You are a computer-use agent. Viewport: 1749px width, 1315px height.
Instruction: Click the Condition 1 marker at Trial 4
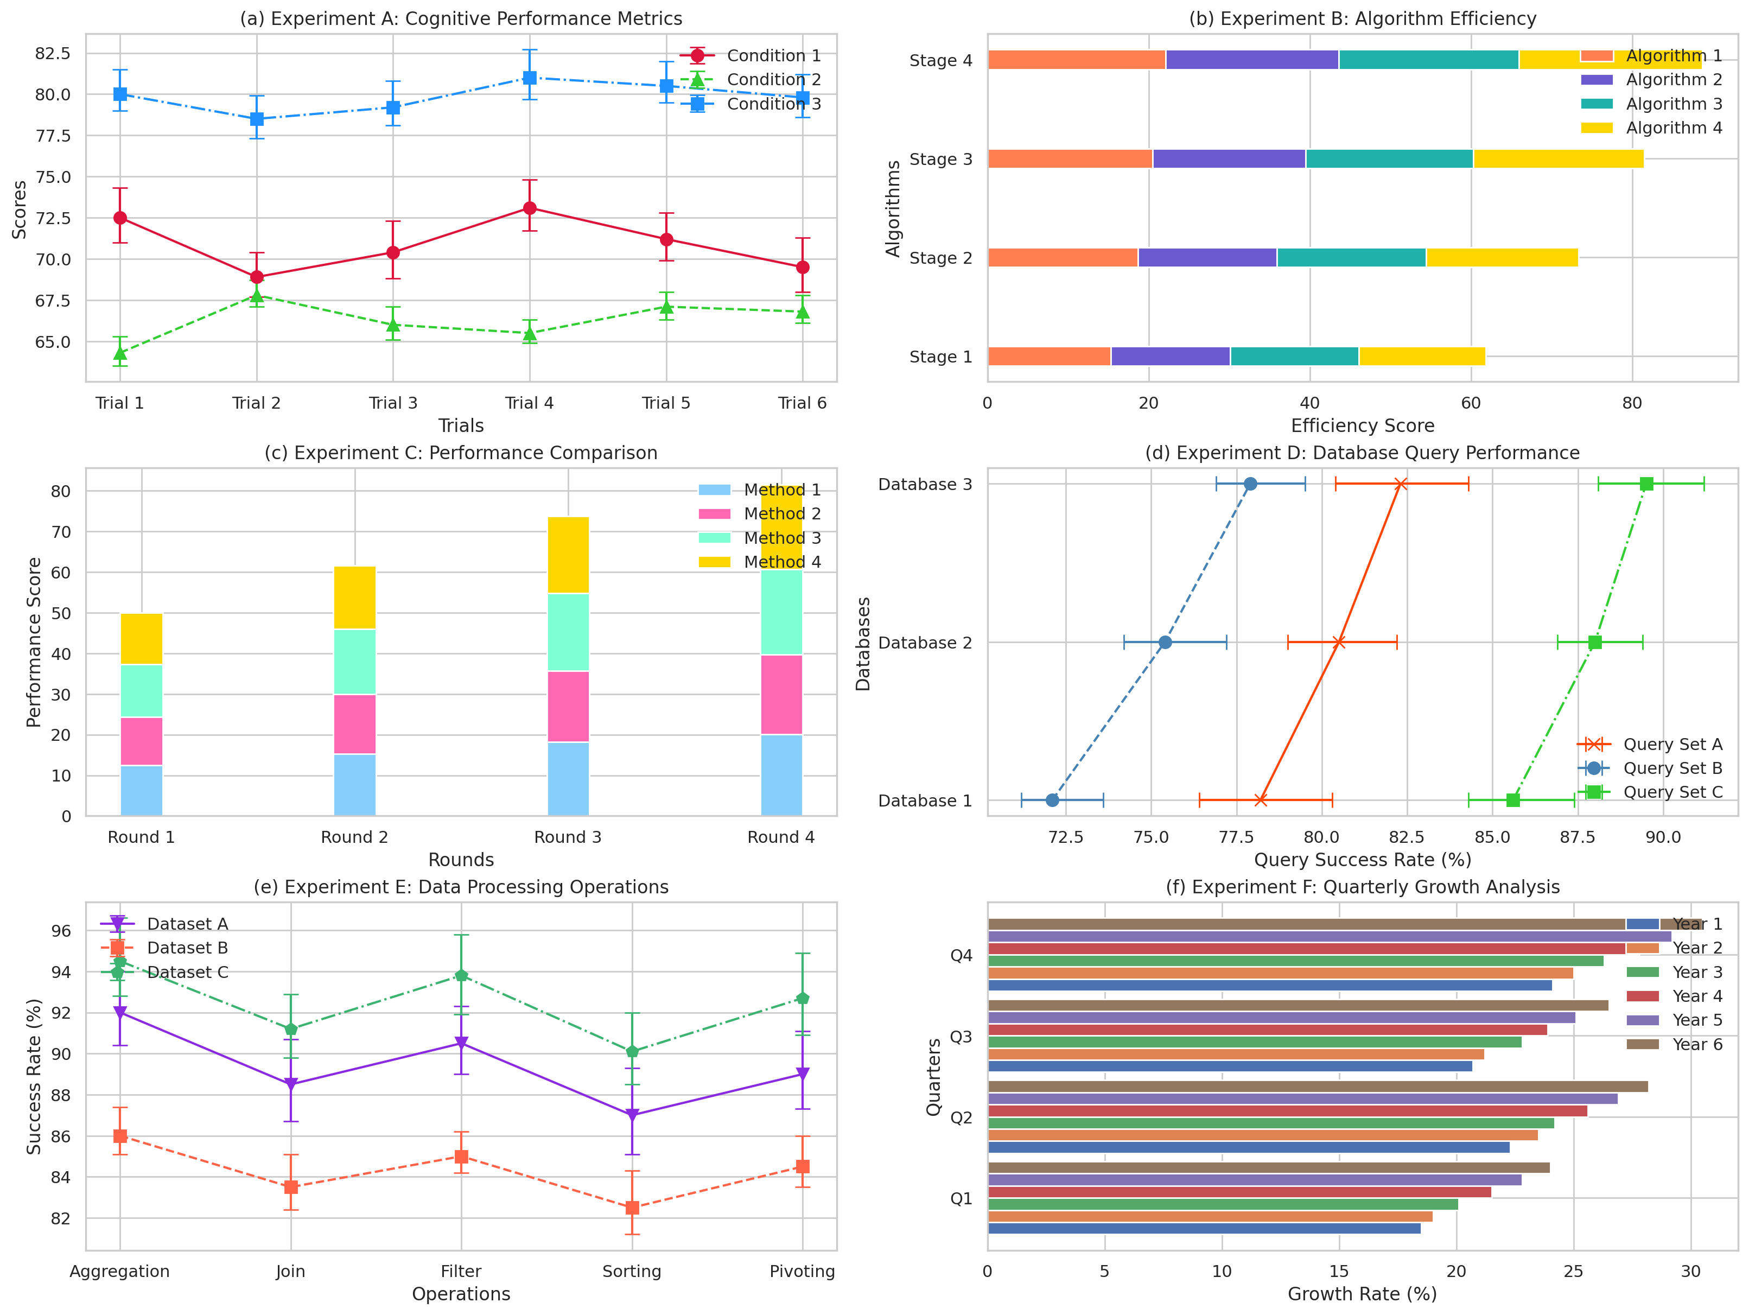[530, 208]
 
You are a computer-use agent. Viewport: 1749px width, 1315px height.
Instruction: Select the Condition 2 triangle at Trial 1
[120, 353]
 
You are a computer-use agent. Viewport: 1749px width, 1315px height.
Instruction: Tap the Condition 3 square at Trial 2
[256, 119]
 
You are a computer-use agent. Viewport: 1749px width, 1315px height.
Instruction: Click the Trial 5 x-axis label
[666, 403]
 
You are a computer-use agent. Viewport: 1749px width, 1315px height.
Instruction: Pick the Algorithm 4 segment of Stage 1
[1422, 357]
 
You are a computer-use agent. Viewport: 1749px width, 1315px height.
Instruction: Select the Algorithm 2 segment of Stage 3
[1229, 159]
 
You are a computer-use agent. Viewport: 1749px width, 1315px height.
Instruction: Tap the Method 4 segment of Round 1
[142, 639]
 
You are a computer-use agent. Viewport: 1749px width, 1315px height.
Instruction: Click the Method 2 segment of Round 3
[569, 706]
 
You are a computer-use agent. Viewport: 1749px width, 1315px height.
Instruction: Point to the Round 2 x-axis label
[354, 837]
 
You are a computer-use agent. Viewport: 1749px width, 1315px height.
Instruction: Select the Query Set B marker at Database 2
[1165, 642]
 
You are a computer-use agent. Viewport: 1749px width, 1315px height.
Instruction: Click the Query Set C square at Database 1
[1512, 800]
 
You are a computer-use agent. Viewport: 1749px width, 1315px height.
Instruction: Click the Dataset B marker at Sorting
[632, 1208]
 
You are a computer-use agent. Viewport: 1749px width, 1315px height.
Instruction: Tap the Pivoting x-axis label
[802, 1272]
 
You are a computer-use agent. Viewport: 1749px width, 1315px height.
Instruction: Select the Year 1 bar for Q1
[1204, 1229]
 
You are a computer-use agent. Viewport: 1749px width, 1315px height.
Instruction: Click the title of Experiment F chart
[1363, 887]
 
